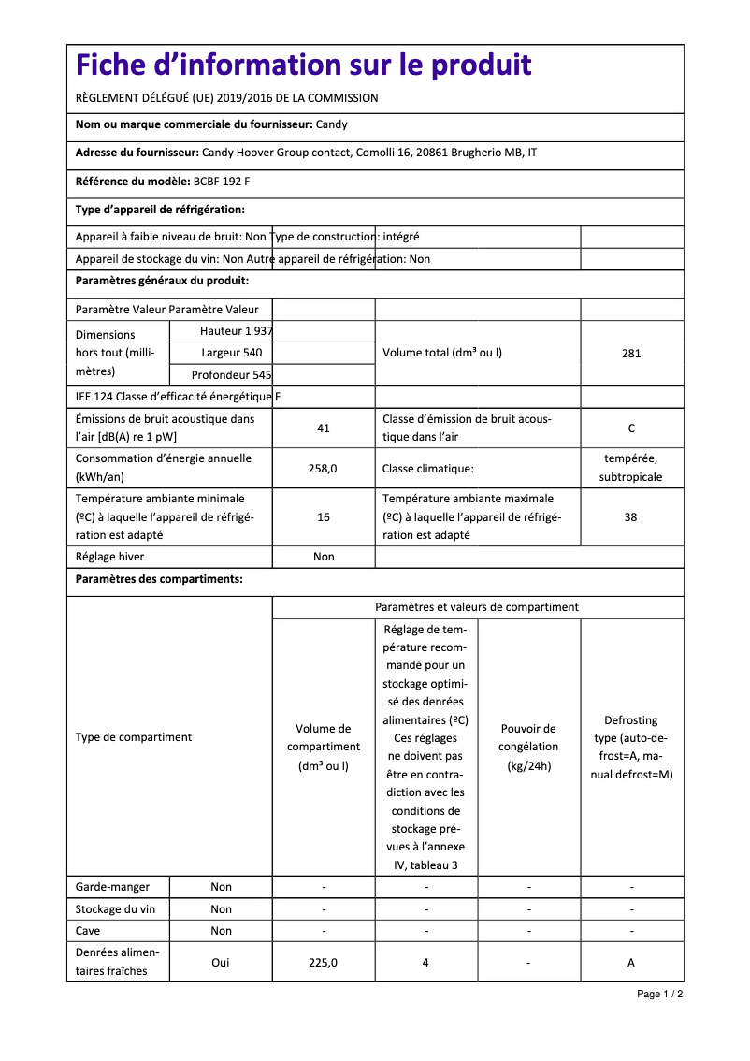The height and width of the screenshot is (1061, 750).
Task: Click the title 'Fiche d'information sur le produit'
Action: coord(304,65)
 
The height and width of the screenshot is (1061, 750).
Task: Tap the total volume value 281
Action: coord(631,354)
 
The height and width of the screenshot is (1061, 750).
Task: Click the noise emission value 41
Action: coord(324,429)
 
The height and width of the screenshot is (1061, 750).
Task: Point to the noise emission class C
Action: coord(631,429)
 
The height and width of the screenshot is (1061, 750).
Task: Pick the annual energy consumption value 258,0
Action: coord(323,468)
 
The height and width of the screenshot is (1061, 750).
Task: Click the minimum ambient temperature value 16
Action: coord(324,516)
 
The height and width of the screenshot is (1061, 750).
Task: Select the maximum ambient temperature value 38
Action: coord(631,516)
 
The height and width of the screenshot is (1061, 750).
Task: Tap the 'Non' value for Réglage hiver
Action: coord(324,557)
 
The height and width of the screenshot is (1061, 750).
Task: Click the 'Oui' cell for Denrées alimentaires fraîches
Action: coord(221,962)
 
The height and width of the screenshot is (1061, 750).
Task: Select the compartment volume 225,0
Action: coord(324,962)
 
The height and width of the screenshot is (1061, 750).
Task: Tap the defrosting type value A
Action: coord(631,962)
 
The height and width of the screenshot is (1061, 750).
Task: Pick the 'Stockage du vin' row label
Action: coord(115,909)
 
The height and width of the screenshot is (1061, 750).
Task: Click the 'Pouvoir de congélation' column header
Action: coord(528,747)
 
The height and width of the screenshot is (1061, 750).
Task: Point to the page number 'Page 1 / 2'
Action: coord(659,994)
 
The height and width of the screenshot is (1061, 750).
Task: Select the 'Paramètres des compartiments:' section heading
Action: coord(159,579)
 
